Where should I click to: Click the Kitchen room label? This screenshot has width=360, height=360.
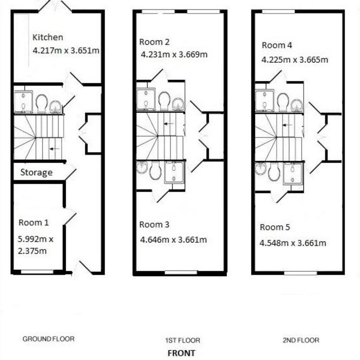[48, 37]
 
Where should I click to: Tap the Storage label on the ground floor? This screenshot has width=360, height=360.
[36, 173]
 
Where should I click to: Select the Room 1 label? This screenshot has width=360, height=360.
[34, 223]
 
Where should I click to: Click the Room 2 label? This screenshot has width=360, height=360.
[154, 42]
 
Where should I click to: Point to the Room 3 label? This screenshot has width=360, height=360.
[154, 225]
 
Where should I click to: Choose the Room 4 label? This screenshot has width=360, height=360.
[277, 45]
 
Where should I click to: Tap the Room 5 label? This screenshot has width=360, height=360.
[275, 227]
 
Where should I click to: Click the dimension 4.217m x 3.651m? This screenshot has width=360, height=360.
[66, 50]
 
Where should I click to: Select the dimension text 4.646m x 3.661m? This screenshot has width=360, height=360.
[174, 240]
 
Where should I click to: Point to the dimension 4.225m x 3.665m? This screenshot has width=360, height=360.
[295, 60]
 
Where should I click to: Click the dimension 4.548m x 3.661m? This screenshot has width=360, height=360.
[293, 243]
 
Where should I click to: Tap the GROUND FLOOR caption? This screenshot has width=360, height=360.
[49, 339]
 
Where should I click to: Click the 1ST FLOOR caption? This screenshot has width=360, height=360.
[182, 340]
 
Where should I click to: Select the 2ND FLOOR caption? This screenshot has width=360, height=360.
[301, 340]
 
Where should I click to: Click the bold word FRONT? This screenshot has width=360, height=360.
[181, 353]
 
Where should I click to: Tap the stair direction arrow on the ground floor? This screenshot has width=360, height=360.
[54, 149]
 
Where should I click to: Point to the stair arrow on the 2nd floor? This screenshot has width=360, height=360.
[288, 125]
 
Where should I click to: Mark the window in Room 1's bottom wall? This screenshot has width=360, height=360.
[37, 272]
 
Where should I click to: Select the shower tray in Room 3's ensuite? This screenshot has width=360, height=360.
[174, 172]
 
